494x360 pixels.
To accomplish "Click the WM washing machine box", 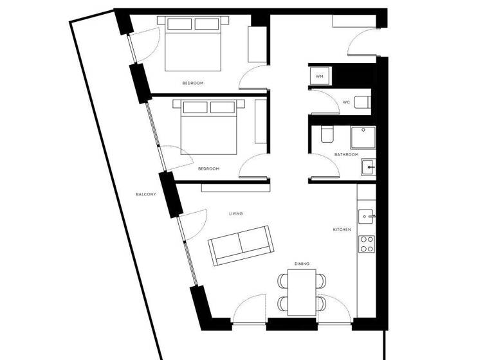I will (x=319, y=76).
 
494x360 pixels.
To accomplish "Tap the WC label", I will (x=346, y=102).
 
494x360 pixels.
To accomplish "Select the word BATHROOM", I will (x=346, y=155).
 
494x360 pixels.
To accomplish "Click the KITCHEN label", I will (x=342, y=230).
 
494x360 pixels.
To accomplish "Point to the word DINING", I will (x=302, y=264).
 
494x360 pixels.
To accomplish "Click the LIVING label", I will (x=236, y=213).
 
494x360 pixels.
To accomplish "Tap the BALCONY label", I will (x=146, y=195).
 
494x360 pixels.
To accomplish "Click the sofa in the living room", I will (x=241, y=244).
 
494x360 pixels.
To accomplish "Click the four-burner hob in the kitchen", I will (x=367, y=244).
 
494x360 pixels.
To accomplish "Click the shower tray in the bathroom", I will (x=361, y=137).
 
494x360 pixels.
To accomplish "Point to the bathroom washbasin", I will (x=368, y=167).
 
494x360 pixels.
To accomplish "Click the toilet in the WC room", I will (x=363, y=102).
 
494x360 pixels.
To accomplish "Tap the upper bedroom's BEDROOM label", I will (x=193, y=84).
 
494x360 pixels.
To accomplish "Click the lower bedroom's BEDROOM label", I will (x=209, y=168).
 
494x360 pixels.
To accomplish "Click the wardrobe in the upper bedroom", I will (x=258, y=44).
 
